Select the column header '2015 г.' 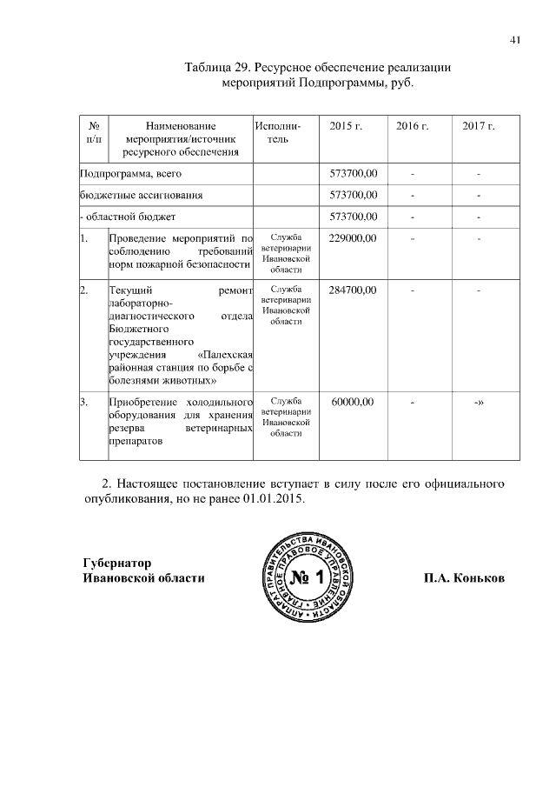tap(346, 127)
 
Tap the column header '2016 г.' tap(413, 127)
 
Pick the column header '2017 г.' tap(479, 127)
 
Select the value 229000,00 tap(353, 237)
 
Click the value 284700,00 tap(353, 289)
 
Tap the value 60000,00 tap(353, 402)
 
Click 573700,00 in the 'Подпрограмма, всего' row tap(353, 174)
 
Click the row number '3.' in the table tap(84, 402)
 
